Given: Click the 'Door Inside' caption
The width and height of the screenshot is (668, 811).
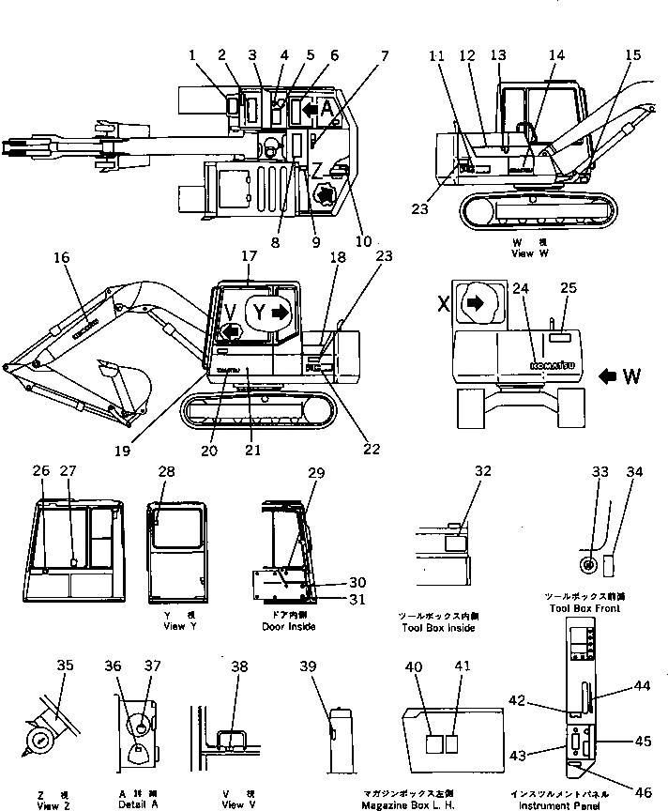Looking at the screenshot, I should [x=288, y=626].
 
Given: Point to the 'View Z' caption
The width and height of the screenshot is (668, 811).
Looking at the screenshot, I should [x=47, y=804].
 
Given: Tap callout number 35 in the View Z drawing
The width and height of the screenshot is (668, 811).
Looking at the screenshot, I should [x=65, y=667].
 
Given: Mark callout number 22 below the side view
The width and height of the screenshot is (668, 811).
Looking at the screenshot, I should [x=371, y=448].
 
